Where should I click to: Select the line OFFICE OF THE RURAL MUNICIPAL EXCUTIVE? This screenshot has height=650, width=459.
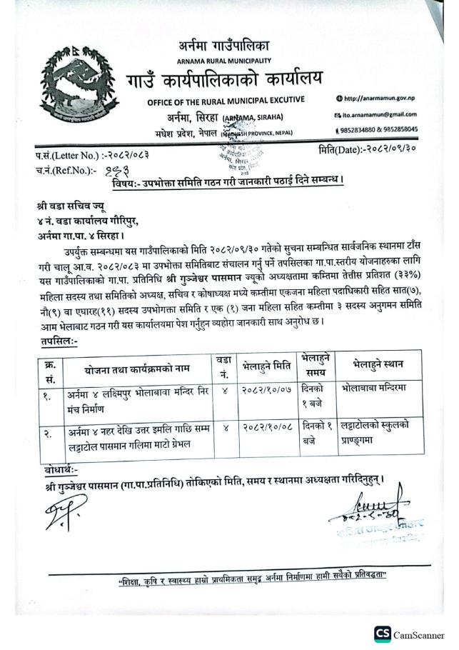226,99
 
